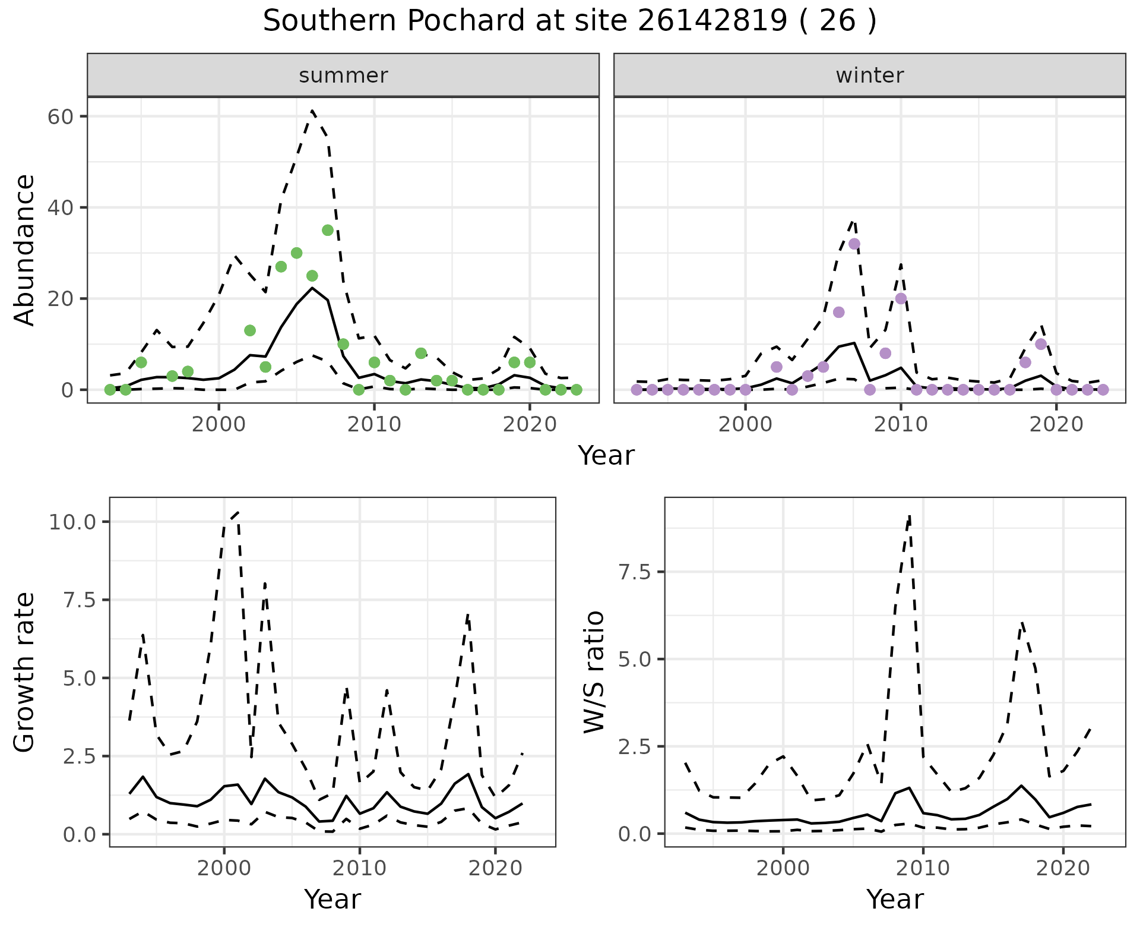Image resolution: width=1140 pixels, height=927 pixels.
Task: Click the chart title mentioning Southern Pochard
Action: pos(569,21)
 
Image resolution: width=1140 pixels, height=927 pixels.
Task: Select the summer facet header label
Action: pos(343,75)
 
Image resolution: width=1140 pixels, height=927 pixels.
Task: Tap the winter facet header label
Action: pos(869,75)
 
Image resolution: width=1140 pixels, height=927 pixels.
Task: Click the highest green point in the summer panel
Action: pos(328,231)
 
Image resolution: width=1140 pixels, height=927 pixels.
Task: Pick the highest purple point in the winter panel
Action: pos(854,244)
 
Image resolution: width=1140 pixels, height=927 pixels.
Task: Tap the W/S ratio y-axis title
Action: pos(594,672)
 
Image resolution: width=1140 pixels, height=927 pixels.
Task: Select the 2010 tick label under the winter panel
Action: pos(901,425)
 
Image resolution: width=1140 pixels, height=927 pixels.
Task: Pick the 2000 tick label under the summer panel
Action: pos(219,425)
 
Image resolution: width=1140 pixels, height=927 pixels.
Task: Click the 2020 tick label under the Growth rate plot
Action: pos(495,868)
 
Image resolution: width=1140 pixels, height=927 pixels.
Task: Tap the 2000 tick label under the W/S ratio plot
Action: pos(783,868)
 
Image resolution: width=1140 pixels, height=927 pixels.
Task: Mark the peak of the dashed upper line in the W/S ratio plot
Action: pos(909,516)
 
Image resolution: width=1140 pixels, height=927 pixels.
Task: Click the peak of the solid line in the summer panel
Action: pos(312,288)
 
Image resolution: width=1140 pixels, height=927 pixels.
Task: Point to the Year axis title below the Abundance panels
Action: pos(606,456)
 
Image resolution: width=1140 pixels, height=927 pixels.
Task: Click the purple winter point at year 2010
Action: pos(901,298)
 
